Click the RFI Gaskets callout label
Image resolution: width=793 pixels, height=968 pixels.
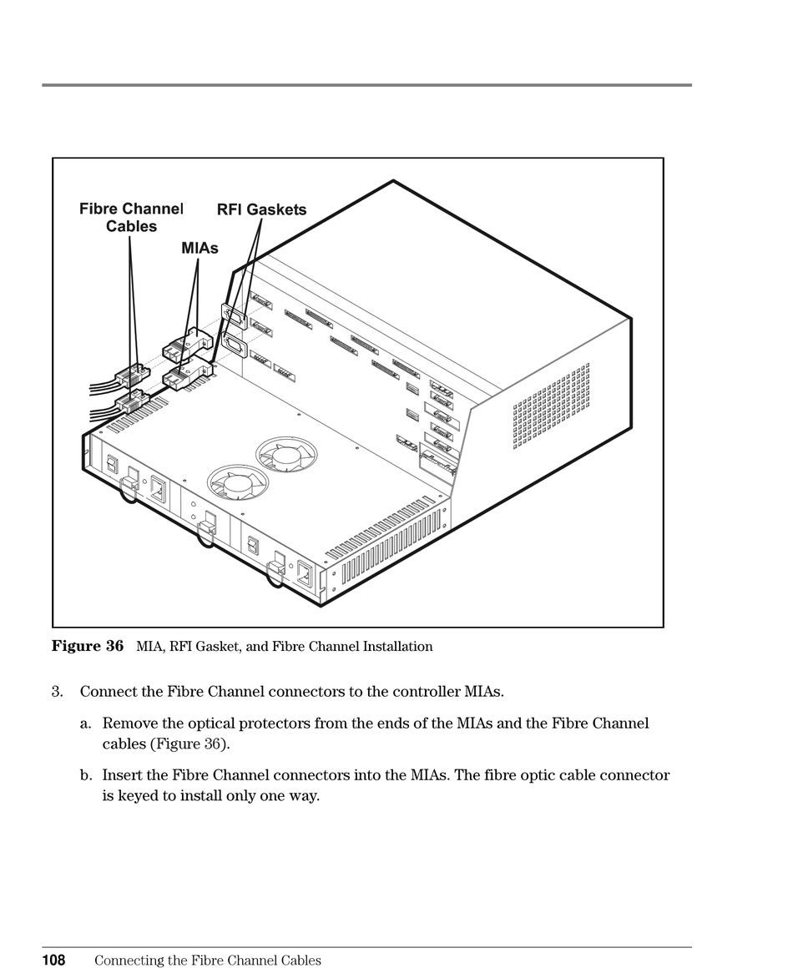(x=261, y=210)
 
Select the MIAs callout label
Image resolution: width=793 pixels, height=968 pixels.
(x=200, y=249)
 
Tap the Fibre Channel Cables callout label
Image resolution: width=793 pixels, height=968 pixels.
(x=131, y=217)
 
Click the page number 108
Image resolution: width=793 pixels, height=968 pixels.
(x=54, y=960)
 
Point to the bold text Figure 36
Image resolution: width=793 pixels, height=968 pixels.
(x=88, y=646)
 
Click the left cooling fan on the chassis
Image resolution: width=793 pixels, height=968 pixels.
(x=238, y=483)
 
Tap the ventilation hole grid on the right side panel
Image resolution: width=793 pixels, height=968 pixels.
(x=551, y=406)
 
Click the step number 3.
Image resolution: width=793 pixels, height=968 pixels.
(x=57, y=692)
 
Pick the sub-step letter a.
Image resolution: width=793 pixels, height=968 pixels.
(x=85, y=723)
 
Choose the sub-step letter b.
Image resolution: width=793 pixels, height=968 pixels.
(x=85, y=775)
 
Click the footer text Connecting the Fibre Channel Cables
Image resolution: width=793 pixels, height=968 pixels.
(x=207, y=960)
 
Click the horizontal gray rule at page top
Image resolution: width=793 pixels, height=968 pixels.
(x=366, y=85)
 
